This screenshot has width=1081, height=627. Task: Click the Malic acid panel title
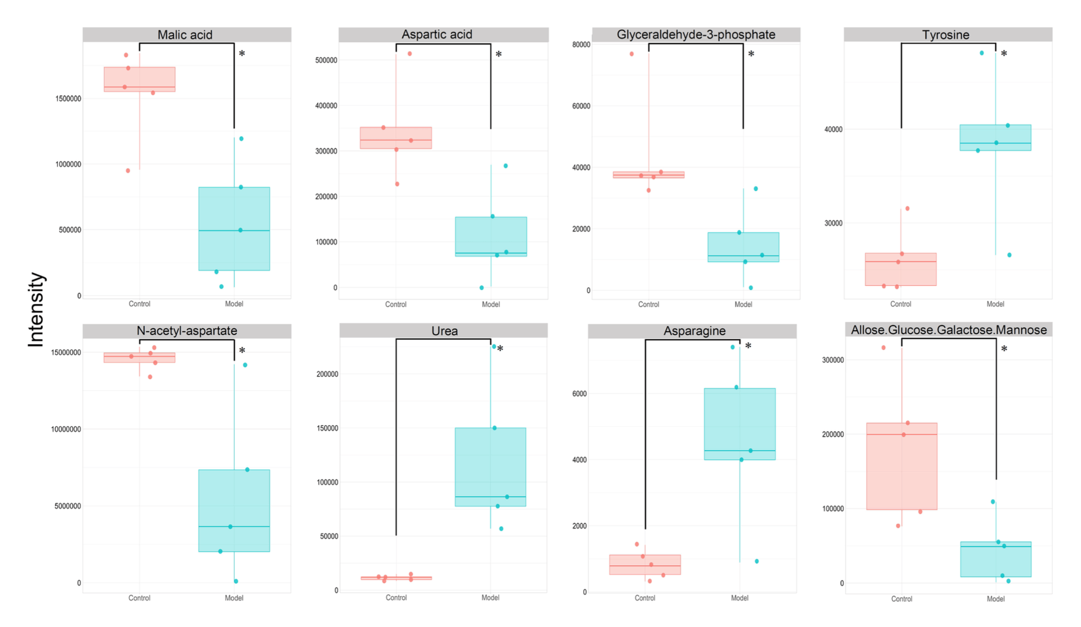tap(185, 35)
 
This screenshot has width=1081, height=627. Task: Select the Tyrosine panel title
tap(945, 35)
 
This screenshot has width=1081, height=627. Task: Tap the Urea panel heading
tap(444, 331)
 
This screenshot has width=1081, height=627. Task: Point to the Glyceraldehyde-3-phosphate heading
tap(696, 35)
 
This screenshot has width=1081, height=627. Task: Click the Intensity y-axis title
tap(36, 309)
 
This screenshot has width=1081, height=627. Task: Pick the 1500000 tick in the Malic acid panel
tap(68, 98)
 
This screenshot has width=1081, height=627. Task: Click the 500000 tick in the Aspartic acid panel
tap(326, 60)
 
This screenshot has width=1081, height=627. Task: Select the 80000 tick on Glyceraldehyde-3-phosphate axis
tap(581, 44)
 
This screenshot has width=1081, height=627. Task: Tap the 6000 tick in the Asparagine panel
tap(579, 394)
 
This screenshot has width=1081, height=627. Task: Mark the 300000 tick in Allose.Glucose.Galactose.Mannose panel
tap(832, 360)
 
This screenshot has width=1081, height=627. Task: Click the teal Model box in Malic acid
tap(234, 229)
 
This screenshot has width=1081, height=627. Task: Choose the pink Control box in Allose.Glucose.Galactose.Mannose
tap(902, 466)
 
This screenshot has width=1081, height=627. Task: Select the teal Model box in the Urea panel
tap(490, 467)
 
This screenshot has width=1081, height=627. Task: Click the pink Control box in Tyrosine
tap(900, 269)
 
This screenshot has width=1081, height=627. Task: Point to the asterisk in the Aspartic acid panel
tap(498, 55)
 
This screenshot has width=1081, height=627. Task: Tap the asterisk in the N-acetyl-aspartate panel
tap(242, 351)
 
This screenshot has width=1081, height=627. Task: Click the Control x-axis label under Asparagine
tap(645, 598)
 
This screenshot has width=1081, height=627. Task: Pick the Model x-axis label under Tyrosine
tap(995, 304)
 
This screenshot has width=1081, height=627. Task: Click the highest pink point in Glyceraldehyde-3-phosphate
tap(632, 54)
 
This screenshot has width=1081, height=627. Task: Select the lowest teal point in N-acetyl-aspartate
tap(236, 582)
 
